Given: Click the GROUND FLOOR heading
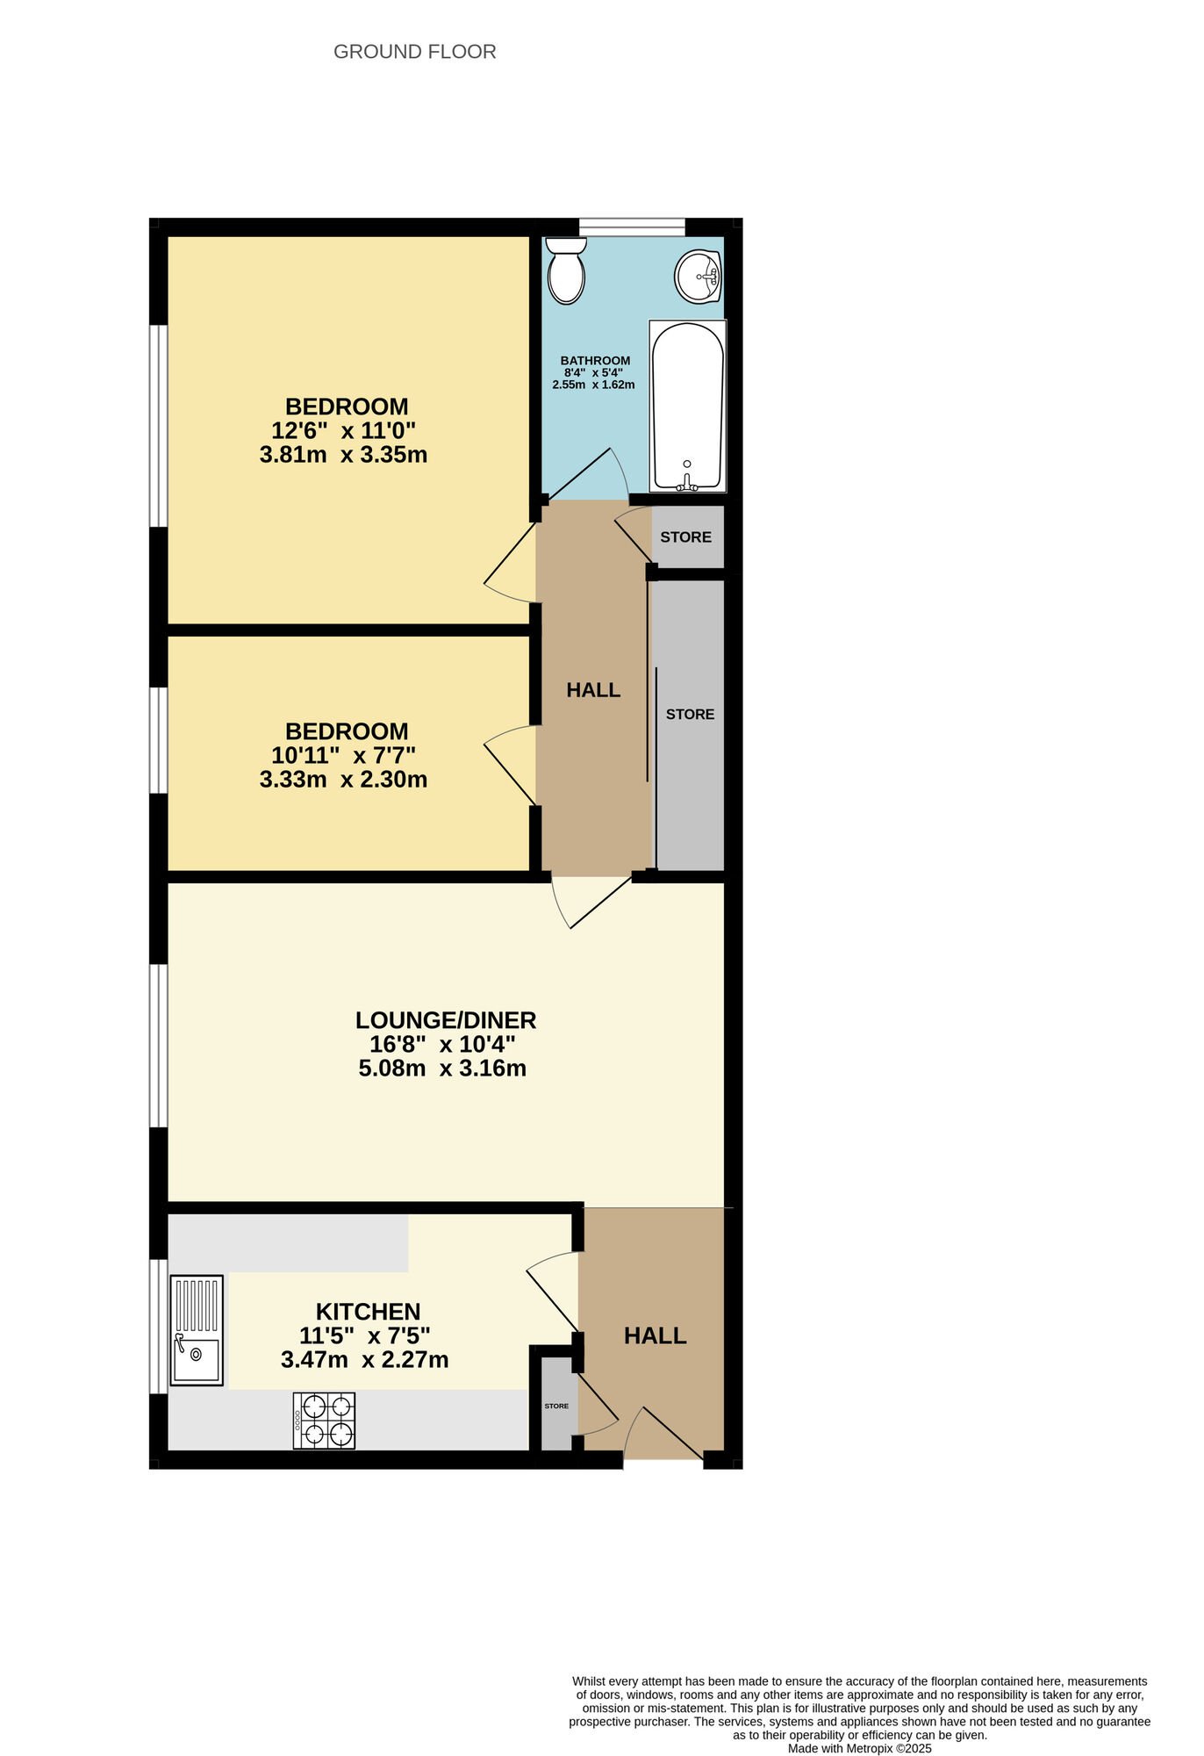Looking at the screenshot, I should [x=414, y=52].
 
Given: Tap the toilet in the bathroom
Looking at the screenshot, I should [x=566, y=271].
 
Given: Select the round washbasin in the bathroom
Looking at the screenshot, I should [x=698, y=277].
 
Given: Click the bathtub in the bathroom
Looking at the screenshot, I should [x=688, y=406].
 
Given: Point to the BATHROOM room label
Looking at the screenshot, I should [x=595, y=361].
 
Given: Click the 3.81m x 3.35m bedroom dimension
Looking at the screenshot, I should [x=343, y=455].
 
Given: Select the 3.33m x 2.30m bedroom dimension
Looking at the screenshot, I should [x=343, y=780].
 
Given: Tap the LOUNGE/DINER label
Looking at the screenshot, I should [x=445, y=1020].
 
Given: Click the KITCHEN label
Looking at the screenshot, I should [x=368, y=1312].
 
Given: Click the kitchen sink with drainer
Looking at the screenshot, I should [x=197, y=1330].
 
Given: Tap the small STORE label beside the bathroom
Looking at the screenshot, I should [x=685, y=537].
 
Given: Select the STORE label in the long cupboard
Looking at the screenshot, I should [x=690, y=715].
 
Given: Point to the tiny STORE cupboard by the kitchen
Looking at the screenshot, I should [x=556, y=1407].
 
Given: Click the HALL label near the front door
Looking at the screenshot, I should [x=655, y=1336].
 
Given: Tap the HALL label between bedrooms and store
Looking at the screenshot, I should [x=593, y=691].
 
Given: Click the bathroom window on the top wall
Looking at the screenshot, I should [x=631, y=227].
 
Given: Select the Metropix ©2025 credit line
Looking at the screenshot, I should [x=859, y=1748].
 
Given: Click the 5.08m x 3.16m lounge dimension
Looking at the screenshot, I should [x=442, y=1069].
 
